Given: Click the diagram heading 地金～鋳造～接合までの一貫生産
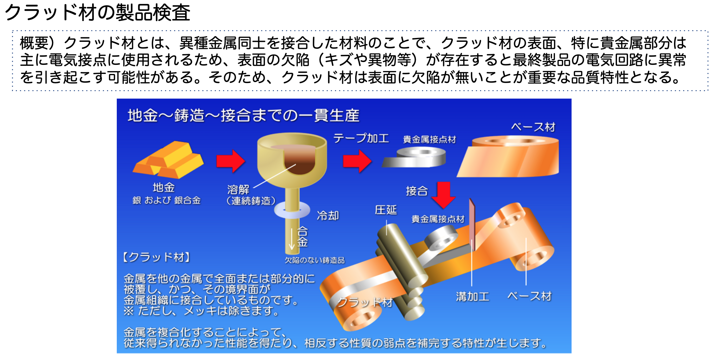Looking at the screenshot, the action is coord(243,115).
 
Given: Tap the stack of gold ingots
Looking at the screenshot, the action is coord(168,160).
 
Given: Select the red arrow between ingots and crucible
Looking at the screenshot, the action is coord(231,161).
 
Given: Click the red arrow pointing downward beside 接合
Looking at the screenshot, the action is coord(443,195).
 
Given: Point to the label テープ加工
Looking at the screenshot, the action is coord(361,138).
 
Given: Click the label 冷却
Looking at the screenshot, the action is coord(328,215).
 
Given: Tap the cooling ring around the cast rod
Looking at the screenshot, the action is coord(292,210).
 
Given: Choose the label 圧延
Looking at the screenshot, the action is coord(386,210).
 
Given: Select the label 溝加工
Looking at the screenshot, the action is coord(473,296).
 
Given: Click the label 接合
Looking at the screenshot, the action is coord(417,191).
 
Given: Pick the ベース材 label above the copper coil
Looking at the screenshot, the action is coord(533,127).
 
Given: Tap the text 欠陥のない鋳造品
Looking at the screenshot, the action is coord(314,260).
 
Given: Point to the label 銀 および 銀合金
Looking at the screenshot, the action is coord(166,200).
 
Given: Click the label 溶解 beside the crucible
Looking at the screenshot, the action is coord(238,189).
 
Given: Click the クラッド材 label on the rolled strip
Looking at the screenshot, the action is coord(365,302).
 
